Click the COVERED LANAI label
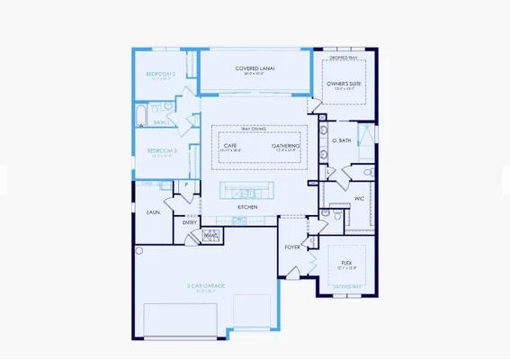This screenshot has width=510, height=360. coord(255,67)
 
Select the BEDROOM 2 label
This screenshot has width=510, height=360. coord(161,75)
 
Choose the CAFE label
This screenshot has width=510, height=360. coord(231,144)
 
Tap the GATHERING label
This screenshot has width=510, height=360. coord(286,144)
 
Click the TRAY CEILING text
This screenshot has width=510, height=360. coord(255,128)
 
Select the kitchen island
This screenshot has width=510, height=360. coord(247,192)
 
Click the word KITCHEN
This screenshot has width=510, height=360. coord(247,207)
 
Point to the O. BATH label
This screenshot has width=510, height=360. coord(340,140)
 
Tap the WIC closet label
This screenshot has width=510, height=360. coord(358,198)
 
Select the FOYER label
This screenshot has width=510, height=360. coord(292,246)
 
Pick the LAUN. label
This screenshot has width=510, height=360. coord(153,212)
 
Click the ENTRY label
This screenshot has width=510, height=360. coord(189,222)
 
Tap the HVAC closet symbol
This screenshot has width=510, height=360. coord(210,236)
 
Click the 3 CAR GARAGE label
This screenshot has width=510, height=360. coord(206,286)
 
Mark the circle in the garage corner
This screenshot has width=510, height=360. coord(139,251)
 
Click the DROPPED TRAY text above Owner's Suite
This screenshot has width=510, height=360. coord(345,58)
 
